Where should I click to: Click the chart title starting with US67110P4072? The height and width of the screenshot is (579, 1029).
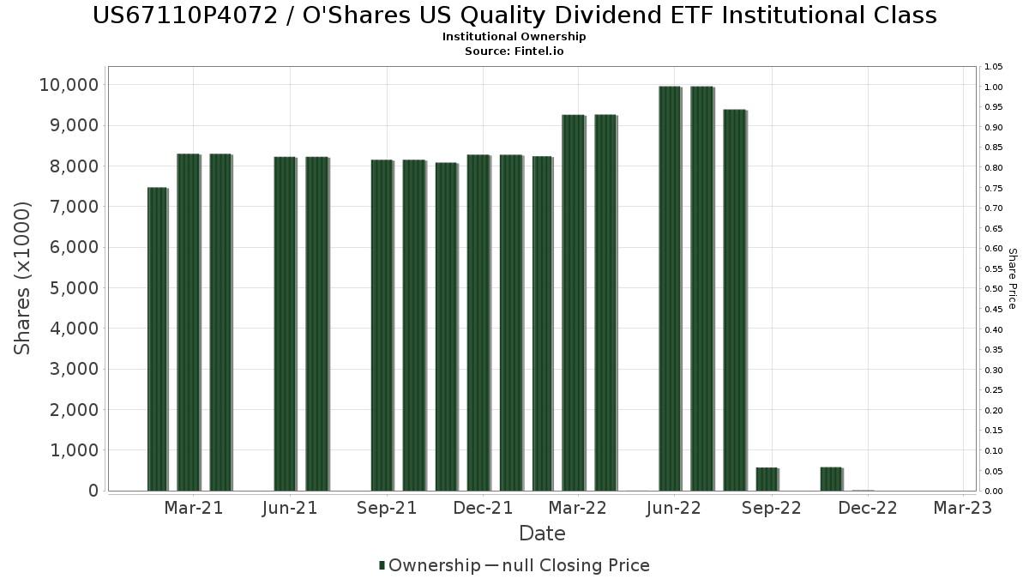514,15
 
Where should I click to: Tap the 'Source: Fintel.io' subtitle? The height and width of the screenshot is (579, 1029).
514,51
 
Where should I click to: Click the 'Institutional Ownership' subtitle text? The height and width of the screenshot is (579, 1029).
514,37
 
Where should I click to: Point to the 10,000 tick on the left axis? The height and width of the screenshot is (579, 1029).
68,85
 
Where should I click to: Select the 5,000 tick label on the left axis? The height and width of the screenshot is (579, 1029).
72,288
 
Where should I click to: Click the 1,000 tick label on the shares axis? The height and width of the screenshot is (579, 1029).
72,450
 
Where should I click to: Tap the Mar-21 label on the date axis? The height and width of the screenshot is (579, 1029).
194,509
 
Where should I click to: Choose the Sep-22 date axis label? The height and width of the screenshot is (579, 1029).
772,509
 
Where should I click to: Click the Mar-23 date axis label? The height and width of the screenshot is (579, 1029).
963,509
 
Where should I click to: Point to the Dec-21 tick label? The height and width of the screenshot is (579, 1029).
484,509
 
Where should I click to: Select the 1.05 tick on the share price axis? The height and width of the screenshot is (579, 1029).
994,67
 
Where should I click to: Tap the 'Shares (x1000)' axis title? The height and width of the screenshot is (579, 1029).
23,278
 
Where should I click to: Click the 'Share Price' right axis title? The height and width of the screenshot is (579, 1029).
1012,278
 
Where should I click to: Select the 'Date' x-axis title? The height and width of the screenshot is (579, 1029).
542,534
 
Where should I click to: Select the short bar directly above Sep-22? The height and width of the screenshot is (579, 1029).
767,479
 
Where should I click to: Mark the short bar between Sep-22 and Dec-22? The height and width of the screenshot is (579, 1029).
831,479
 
